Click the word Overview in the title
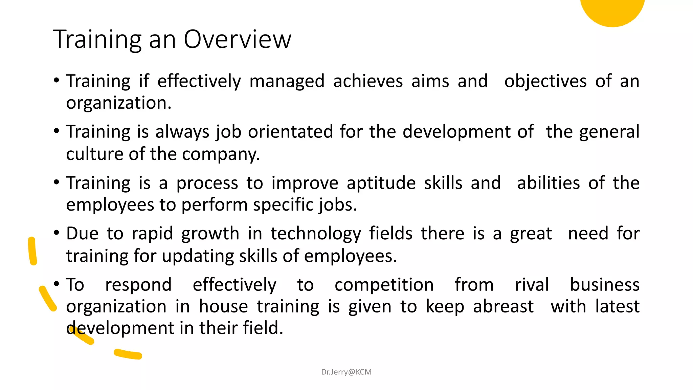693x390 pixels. [237, 39]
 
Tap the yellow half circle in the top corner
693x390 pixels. [612, 10]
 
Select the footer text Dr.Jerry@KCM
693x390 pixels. [346, 372]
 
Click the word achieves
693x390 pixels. [368, 81]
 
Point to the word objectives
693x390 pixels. [545, 81]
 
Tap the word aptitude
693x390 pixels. [381, 183]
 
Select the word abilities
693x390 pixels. [548, 183]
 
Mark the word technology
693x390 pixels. [315, 234]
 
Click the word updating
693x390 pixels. [198, 256]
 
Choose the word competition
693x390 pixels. [384, 285]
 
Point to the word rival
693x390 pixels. [532, 285]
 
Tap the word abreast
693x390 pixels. [503, 307]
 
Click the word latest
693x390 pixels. [617, 307]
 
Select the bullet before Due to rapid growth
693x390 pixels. [57, 233]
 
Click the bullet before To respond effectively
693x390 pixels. [57, 284]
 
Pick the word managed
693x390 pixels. [287, 81]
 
